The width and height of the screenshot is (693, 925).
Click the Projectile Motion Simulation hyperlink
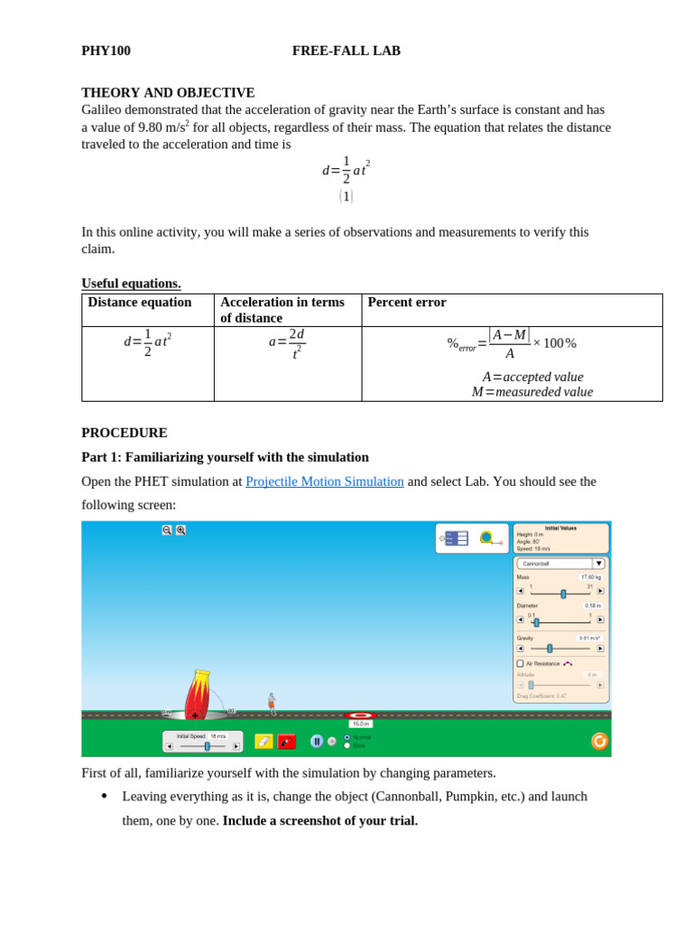(324, 481)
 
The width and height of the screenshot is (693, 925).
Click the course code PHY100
(106, 51)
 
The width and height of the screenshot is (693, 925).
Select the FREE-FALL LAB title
(346, 51)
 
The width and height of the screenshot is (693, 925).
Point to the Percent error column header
(407, 303)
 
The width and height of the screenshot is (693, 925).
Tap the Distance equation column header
(140, 303)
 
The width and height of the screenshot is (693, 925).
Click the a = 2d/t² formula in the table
(287, 343)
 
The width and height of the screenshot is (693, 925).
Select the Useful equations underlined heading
(131, 283)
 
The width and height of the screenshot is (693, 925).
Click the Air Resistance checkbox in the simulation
(521, 663)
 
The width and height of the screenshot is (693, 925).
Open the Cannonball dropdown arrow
(598, 564)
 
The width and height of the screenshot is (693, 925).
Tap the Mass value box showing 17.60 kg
(591, 576)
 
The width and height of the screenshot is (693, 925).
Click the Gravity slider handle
(550, 649)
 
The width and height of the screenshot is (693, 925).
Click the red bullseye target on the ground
(360, 715)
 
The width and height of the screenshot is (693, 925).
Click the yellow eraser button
(263, 742)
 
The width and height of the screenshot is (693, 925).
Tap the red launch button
(286, 742)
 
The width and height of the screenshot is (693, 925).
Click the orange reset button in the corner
(599, 741)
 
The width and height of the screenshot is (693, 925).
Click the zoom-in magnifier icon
(180, 530)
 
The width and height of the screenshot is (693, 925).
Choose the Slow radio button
(347, 745)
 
